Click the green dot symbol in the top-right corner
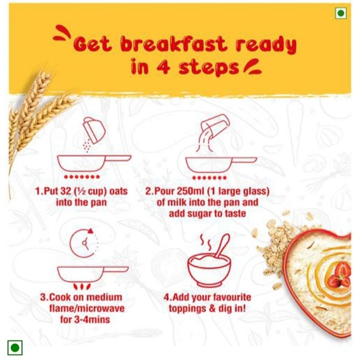[x=341, y=13]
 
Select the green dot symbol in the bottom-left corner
[x=15, y=347]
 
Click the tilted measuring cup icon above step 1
[x=94, y=130]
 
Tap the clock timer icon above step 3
[x=84, y=243]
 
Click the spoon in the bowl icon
[x=222, y=246]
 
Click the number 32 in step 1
[x=65, y=191]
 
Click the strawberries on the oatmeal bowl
[x=340, y=276]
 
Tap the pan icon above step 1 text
[x=94, y=163]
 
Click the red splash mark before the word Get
[x=62, y=33]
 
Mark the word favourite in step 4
[x=232, y=297]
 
